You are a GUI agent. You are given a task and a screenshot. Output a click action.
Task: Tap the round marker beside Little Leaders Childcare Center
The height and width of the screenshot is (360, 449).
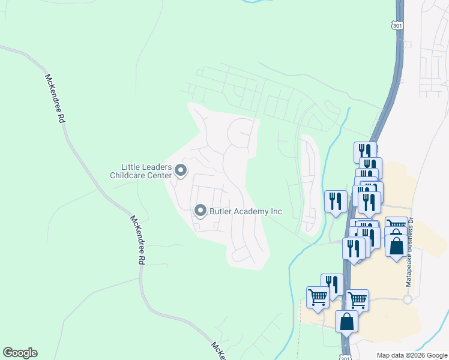(x=181, y=172)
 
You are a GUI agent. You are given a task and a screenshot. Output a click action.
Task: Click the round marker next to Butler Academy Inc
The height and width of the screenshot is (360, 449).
(x=200, y=211)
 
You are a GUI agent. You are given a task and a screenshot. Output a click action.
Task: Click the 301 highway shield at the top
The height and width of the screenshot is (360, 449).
(x=396, y=25)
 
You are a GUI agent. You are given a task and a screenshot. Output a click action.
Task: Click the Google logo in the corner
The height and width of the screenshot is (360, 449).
(x=20, y=353)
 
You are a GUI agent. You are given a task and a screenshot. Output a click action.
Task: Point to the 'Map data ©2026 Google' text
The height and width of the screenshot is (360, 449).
(x=412, y=355)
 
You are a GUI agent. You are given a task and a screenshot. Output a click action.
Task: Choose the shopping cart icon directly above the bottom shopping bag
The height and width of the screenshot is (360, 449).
(x=357, y=299)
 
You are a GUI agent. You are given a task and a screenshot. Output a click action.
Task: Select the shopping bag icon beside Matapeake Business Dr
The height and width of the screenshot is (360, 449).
(x=396, y=245)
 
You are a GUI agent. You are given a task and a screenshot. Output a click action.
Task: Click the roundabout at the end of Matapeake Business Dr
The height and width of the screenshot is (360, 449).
(x=408, y=299)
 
